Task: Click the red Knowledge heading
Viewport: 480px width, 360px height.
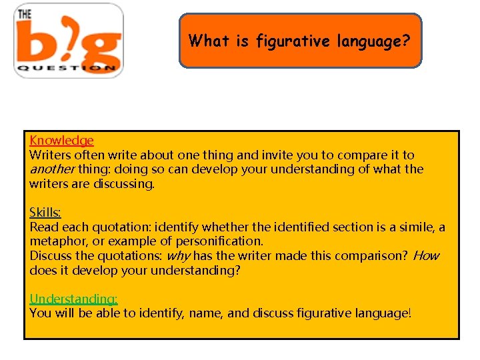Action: tap(61, 141)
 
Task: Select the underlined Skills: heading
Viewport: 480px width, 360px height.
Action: tap(45, 213)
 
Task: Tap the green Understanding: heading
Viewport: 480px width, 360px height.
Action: tap(73, 299)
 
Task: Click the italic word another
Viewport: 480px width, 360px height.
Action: tap(52, 169)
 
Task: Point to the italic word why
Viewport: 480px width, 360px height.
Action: tap(177, 256)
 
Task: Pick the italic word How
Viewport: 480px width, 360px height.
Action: tap(426, 256)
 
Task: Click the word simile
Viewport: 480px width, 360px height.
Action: tap(416, 227)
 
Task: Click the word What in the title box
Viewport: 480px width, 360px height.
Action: tap(205, 41)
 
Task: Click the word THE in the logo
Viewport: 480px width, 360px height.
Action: tap(25, 13)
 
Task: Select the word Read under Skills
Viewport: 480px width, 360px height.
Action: tap(43, 227)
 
